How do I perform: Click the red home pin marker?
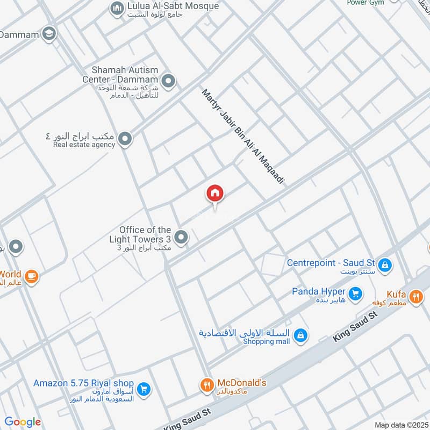point(215,193)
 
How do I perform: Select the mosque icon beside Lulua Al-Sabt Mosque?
point(117,8)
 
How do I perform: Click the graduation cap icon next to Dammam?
point(49,33)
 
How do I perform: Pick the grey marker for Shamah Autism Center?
point(169,82)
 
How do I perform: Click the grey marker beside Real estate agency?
point(125,140)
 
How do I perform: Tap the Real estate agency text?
point(84,145)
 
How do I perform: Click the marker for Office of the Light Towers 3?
point(182,236)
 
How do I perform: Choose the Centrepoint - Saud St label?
point(331,263)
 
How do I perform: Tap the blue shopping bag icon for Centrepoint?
point(385,264)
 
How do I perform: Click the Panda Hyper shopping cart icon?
point(355,293)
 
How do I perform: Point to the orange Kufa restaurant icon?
point(415,296)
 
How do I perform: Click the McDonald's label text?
point(241,383)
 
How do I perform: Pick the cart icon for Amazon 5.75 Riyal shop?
point(143,389)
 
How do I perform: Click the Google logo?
point(23,422)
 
